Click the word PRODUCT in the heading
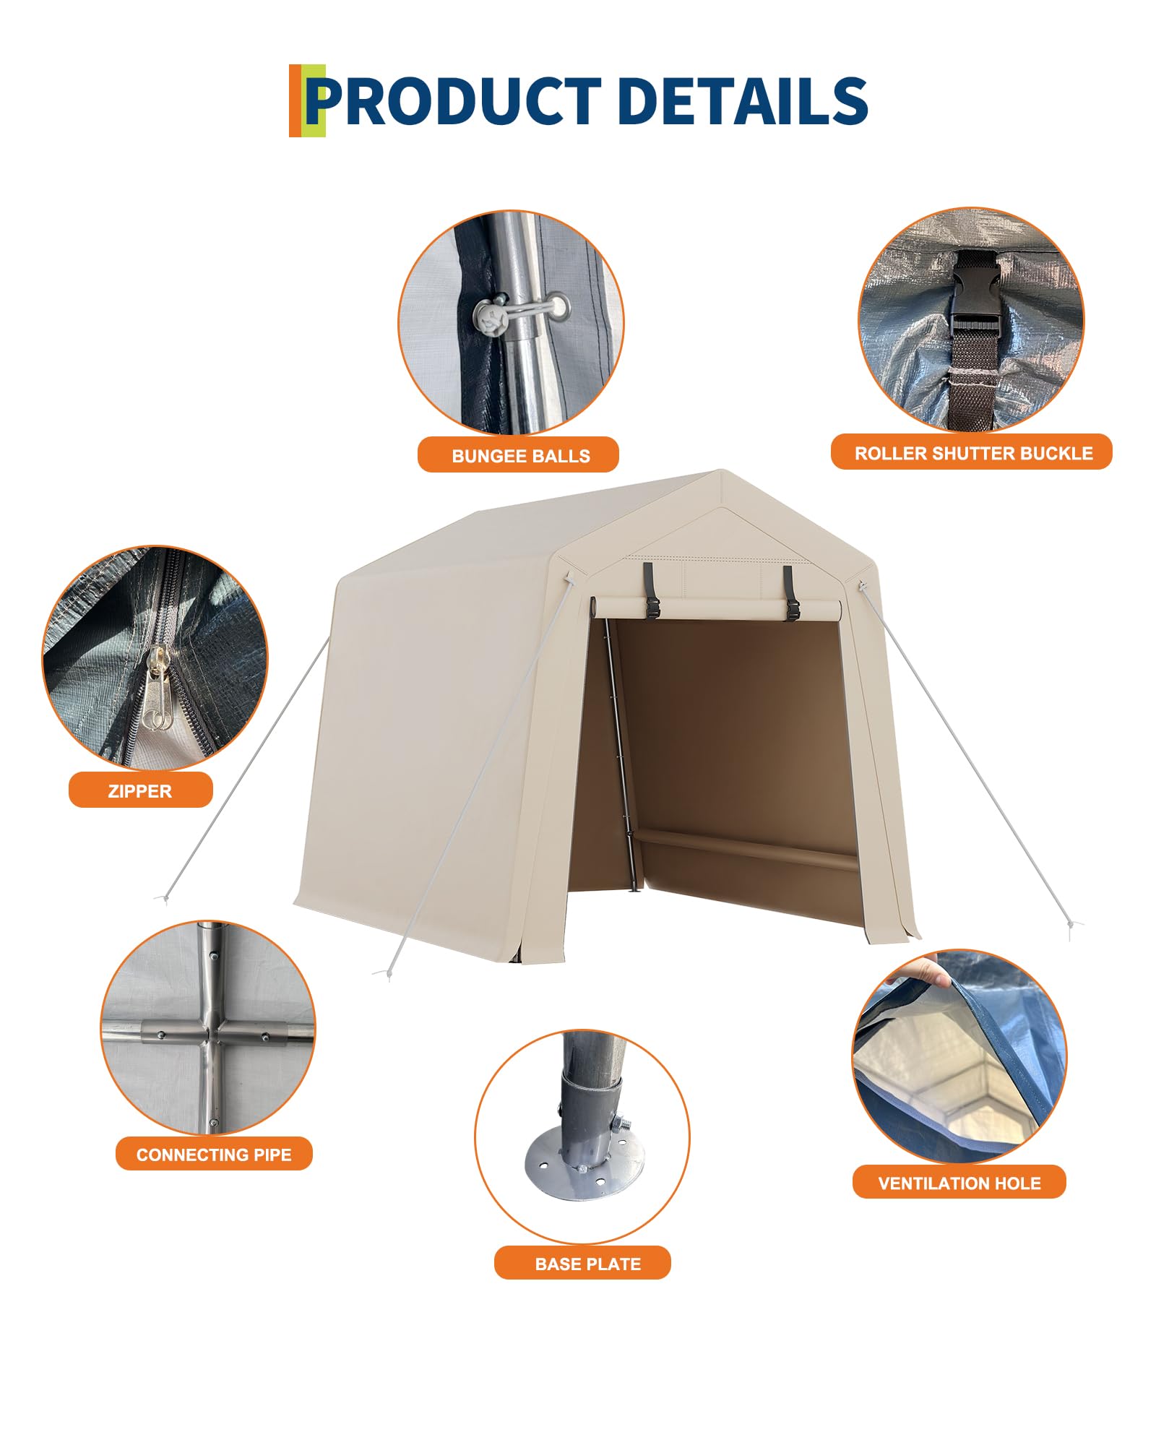(454, 101)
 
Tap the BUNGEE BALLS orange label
(518, 455)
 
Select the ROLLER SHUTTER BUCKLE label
(972, 452)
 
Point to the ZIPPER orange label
(140, 790)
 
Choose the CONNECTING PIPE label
(214, 1155)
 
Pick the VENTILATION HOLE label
(959, 1183)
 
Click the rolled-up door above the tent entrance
(715, 608)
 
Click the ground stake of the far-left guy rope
(165, 898)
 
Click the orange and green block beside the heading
(306, 101)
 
